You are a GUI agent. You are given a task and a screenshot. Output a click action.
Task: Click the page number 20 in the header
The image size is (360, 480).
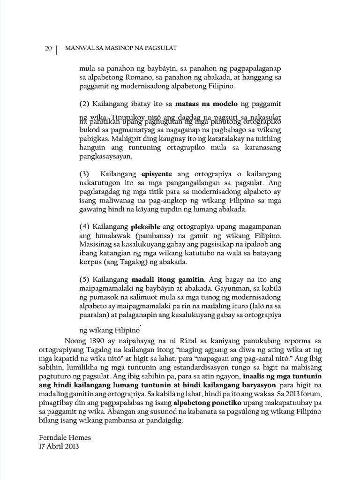click(x=48, y=49)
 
